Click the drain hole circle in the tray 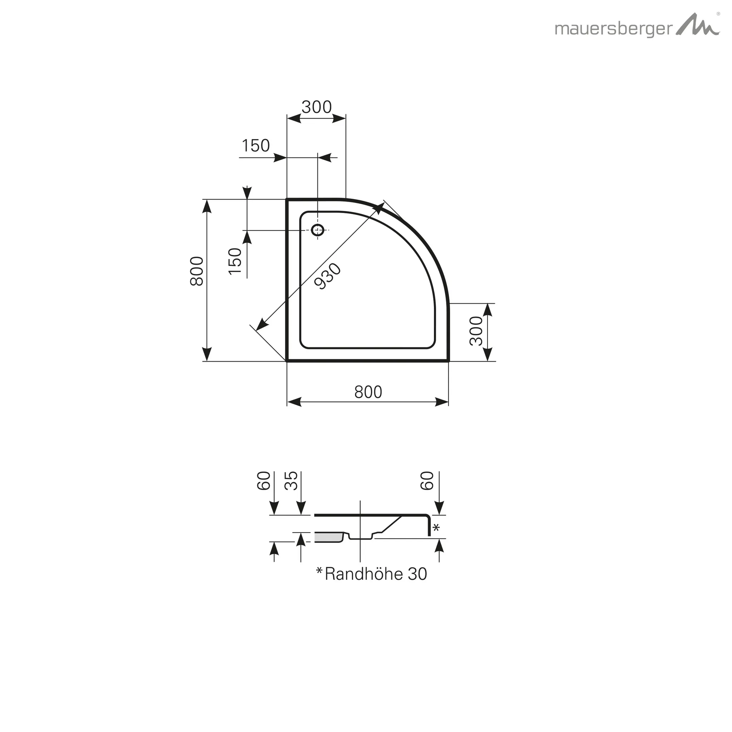pos(317,229)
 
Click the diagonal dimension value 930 pos(328,277)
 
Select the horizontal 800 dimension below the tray pos(368,392)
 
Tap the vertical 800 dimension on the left pos(197,271)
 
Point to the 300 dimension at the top pos(316,107)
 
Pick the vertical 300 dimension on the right pos(476,331)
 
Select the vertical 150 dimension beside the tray pos(235,261)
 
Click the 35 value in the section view pos(291,481)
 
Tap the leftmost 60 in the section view pos(264,481)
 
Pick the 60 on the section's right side pos(427,481)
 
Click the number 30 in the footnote pos(417,574)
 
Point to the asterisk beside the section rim pos(436,528)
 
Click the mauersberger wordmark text pos(613,29)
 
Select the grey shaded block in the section pos(328,537)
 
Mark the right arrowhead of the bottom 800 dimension pos(442,402)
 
